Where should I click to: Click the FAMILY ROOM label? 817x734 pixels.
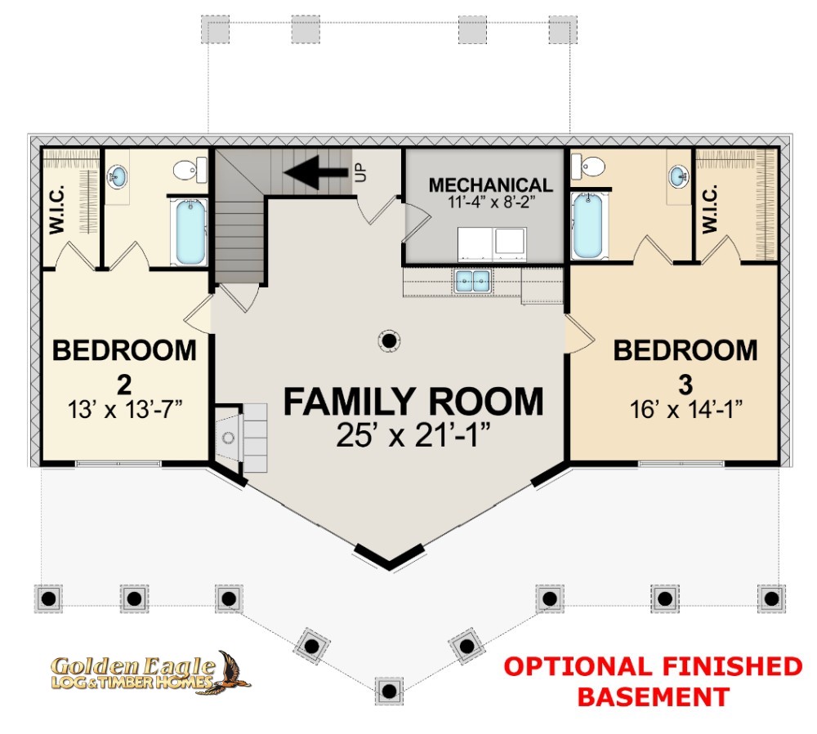coord(413,402)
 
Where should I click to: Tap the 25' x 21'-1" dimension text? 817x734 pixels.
coord(413,435)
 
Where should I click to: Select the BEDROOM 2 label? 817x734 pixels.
coord(124,350)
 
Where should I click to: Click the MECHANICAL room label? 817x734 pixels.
coord(490,185)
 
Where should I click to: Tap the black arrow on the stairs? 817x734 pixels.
coord(314,172)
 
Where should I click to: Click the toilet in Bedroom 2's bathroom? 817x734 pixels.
coord(190,171)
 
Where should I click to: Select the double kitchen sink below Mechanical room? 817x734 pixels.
coord(472,282)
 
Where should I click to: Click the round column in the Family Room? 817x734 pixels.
coord(390,340)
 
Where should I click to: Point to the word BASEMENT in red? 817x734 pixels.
coord(653,696)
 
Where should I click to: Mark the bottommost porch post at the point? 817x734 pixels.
coord(390,691)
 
